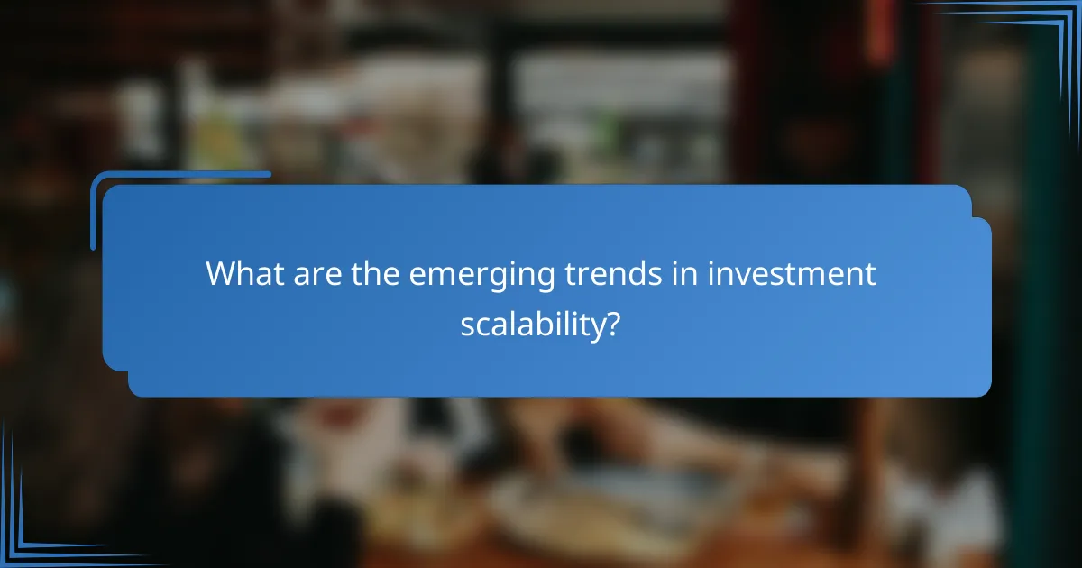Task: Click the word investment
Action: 792,274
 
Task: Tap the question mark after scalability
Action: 613,324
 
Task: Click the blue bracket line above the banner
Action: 180,175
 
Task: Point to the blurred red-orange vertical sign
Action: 880,36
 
